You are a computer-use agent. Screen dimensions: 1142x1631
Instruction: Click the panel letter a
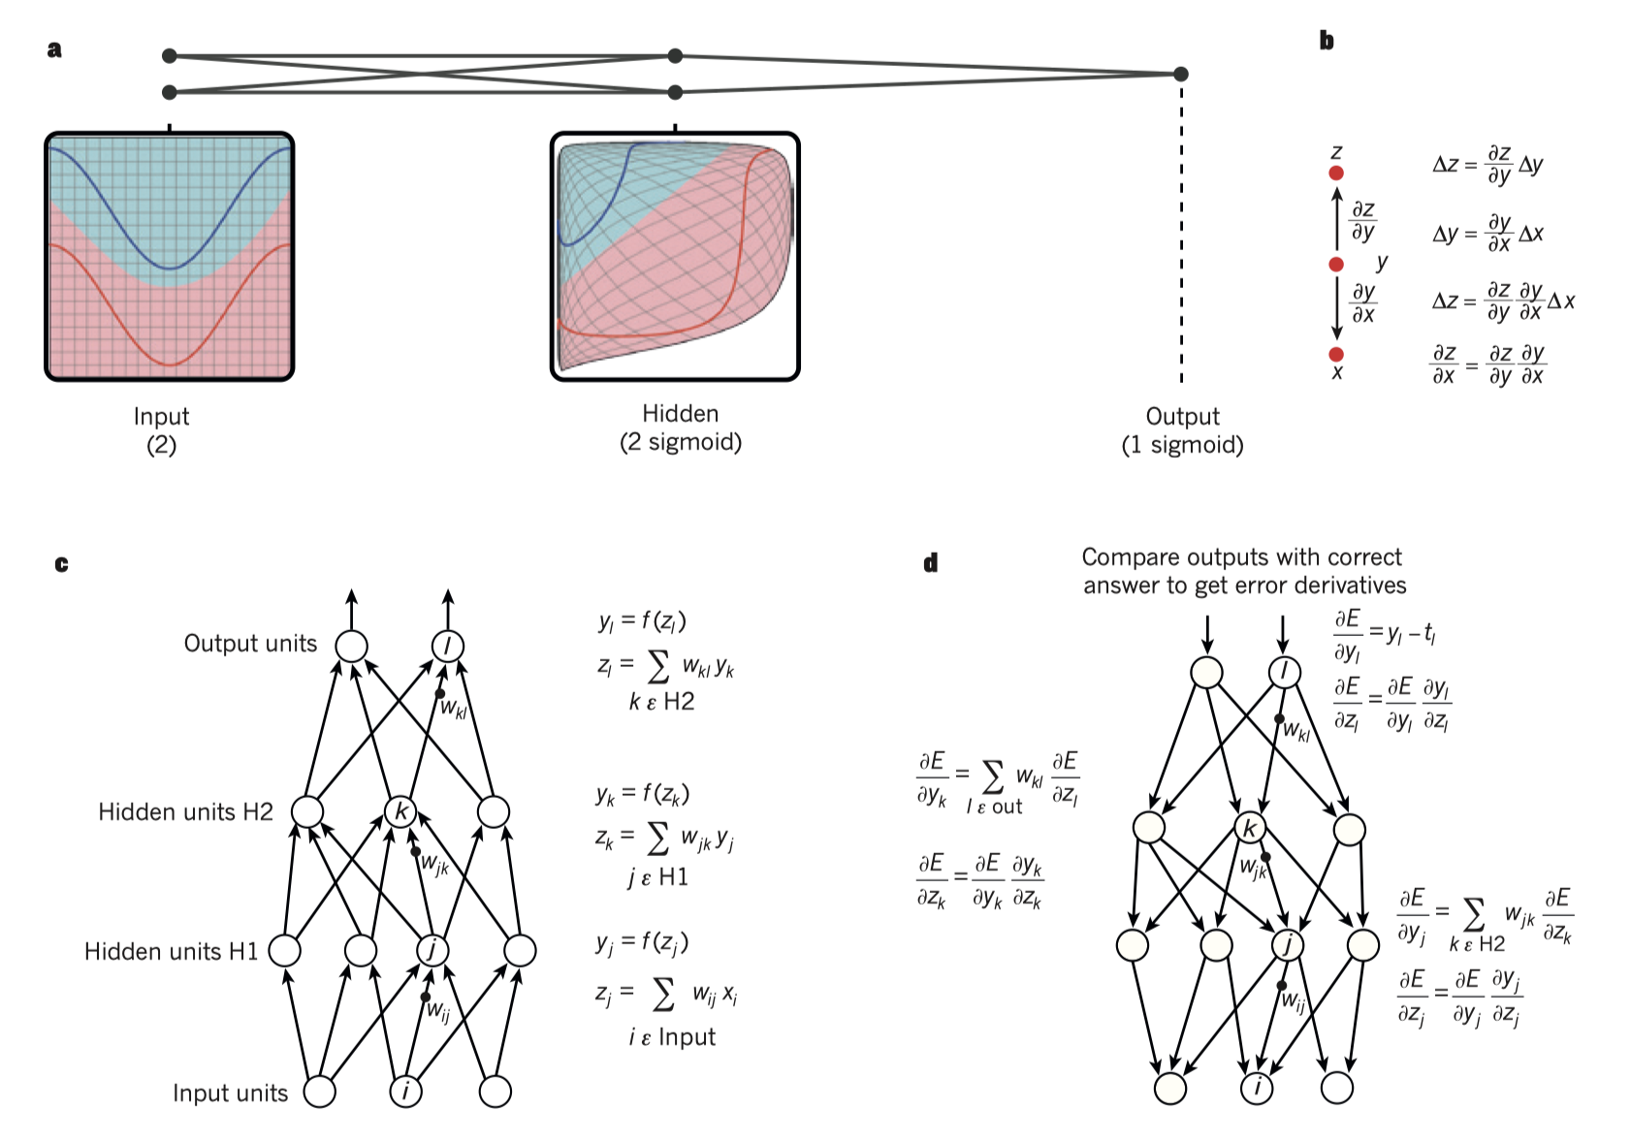[54, 49]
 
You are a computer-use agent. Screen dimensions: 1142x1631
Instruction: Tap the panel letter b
[1327, 41]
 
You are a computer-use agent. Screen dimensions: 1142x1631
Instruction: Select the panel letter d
[930, 563]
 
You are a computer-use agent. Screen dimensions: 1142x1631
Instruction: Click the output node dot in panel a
[1180, 74]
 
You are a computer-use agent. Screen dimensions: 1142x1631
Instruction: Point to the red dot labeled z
[1336, 173]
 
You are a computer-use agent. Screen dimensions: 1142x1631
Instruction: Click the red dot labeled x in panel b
[1336, 355]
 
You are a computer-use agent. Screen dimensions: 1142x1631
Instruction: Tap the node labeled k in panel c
[400, 811]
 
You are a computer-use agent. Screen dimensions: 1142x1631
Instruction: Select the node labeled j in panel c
[432, 950]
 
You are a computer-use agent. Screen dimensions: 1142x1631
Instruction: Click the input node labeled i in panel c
[405, 1092]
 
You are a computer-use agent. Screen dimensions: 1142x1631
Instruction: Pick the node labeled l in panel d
[1285, 672]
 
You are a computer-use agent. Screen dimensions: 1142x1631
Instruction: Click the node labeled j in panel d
[1288, 944]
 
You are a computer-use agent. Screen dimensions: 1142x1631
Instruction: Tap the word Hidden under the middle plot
[680, 414]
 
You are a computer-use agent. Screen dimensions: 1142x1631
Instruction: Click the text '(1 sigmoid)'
[1182, 445]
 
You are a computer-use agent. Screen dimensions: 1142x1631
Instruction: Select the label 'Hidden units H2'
[185, 811]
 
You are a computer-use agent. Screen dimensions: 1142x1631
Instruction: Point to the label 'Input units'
[230, 1094]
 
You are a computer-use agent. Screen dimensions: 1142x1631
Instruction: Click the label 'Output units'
[250, 644]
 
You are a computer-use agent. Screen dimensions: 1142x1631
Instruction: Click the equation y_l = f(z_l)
[642, 620]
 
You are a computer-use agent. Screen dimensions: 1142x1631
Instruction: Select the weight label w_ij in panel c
[439, 1012]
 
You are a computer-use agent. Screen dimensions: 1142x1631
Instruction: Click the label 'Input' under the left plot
[161, 417]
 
